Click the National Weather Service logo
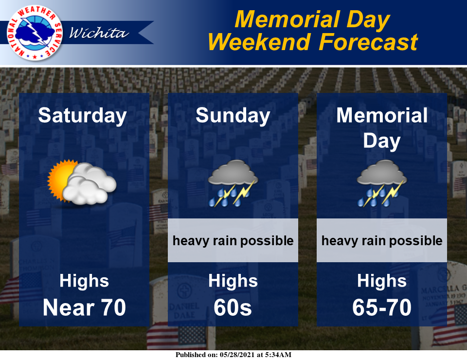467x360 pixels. [x=35, y=33]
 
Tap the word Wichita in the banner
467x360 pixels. [x=99, y=33]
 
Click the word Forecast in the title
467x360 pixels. [x=368, y=42]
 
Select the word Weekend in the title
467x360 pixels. [x=259, y=42]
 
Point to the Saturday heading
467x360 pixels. [x=83, y=116]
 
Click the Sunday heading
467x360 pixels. [x=233, y=116]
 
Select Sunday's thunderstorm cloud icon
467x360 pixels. [x=233, y=183]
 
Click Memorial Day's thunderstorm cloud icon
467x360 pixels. [x=382, y=183]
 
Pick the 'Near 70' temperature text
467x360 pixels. [x=84, y=307]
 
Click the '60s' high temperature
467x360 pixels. [x=233, y=307]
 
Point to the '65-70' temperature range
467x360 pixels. [x=382, y=307]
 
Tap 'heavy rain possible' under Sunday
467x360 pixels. [x=233, y=241]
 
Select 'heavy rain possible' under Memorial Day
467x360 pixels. [x=382, y=241]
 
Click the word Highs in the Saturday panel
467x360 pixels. [x=84, y=281]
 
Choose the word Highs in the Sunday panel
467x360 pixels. [x=233, y=281]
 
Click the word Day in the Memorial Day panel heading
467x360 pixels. [x=382, y=141]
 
